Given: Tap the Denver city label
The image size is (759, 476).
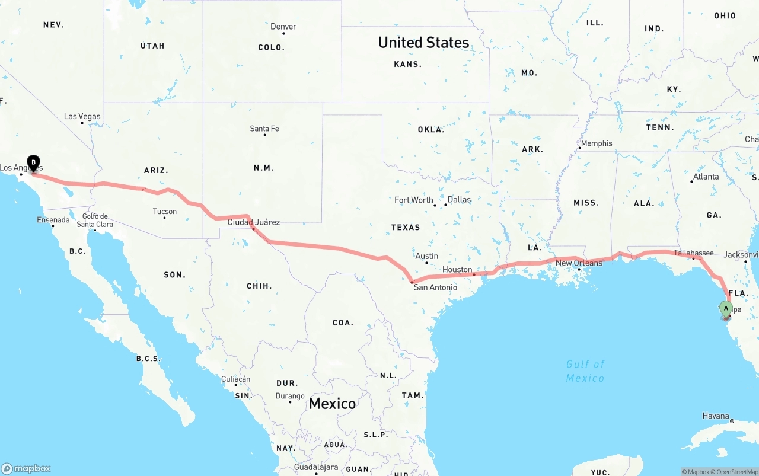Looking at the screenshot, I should tap(283, 27).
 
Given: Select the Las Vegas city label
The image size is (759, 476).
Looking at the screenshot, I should tap(82, 116).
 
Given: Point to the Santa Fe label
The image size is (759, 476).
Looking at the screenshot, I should tap(264, 129).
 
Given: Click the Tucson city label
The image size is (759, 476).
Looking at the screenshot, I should tap(164, 211).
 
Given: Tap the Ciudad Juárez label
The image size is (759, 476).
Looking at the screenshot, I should tap(254, 222).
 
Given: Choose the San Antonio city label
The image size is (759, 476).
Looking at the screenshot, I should tap(435, 287).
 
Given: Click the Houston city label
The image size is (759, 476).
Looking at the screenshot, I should tap(457, 270).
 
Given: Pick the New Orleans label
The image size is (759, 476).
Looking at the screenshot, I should tap(579, 263).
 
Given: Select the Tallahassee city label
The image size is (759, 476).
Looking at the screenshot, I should tap(694, 253).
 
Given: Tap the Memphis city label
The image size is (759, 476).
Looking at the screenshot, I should tap(597, 143).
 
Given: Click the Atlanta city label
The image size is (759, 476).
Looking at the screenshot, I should tap(706, 177).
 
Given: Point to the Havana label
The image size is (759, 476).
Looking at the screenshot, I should tap(716, 416).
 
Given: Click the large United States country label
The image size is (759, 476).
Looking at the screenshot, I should tap(423, 43).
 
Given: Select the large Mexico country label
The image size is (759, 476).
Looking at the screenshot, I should tap(332, 404).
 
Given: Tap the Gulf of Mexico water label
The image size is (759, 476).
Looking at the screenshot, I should tap(585, 370).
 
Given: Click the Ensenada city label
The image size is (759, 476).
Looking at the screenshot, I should tap(53, 220).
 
